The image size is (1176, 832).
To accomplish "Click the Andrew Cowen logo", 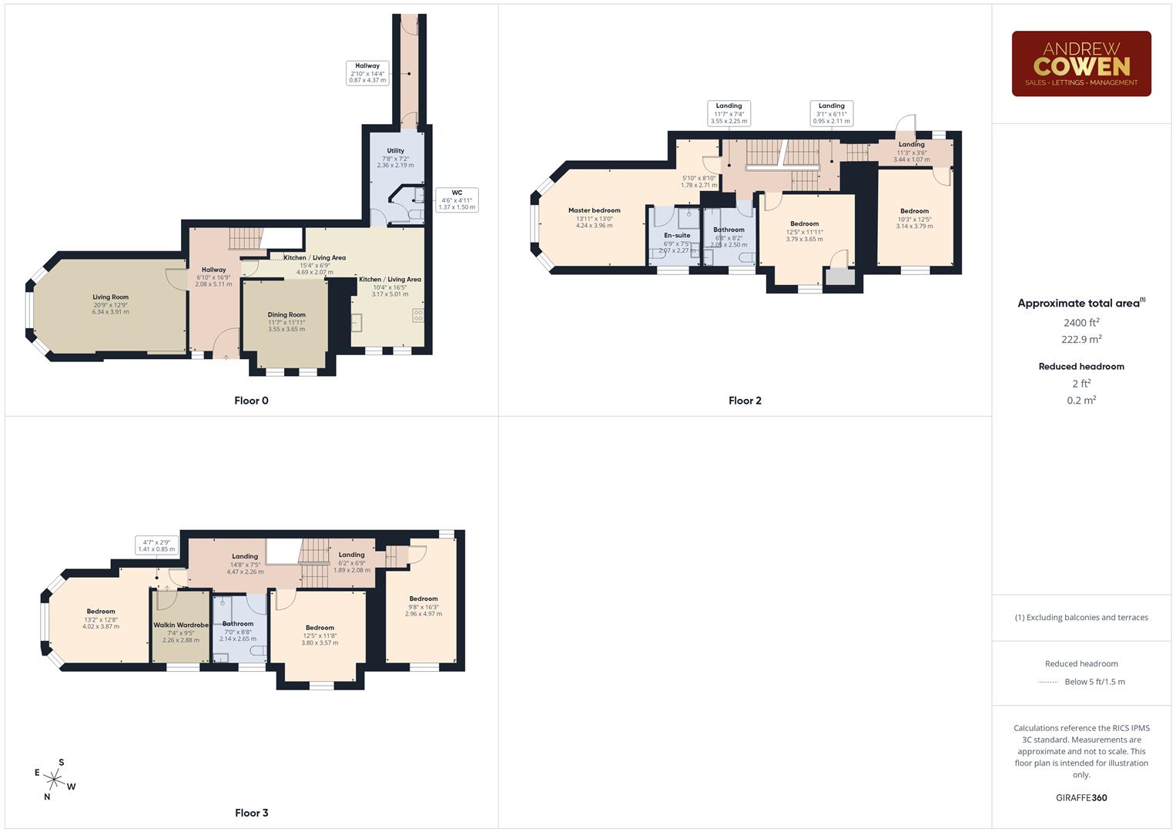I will tap(1081, 64).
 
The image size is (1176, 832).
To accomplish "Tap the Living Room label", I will tap(111, 297).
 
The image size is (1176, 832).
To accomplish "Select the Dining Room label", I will tap(286, 314).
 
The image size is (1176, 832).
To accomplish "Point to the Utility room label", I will tap(395, 151).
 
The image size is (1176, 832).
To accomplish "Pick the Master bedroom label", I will tap(594, 210).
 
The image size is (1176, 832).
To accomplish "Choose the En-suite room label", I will tap(677, 235).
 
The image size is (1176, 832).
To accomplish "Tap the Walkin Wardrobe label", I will tap(181, 625).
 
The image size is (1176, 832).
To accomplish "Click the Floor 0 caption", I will tap(251, 401).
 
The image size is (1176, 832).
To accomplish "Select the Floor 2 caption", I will tap(745, 401).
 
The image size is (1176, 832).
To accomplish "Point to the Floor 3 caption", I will tap(251, 813).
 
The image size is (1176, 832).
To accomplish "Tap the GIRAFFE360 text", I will tap(1081, 797).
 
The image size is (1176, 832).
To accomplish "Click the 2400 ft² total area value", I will tap(1081, 323).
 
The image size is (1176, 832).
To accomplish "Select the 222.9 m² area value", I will tap(1081, 340).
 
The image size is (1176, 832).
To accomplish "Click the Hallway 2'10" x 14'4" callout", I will tap(367, 72).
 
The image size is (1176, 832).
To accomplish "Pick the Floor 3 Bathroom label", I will tap(238, 623).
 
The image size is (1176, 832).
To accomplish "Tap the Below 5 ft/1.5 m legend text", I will tap(1094, 682).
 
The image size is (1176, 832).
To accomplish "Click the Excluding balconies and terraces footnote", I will tap(1081, 617).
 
